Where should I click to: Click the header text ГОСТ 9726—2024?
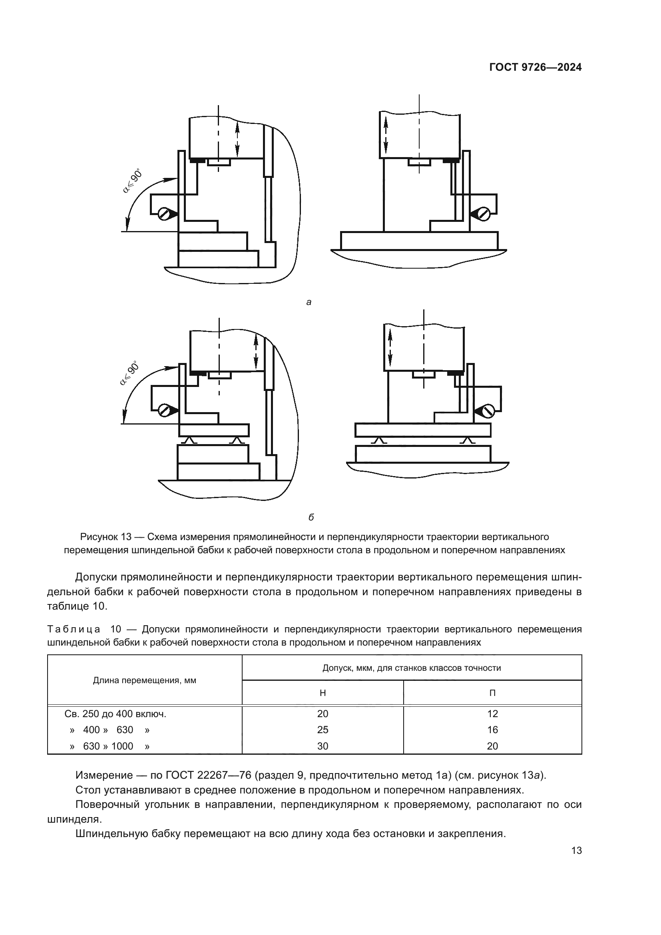535,68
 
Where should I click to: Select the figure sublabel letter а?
309,302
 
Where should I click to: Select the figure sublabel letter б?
311,518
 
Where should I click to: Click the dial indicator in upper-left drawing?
164,214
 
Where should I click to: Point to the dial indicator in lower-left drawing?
164,410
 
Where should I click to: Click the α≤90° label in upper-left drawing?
133,181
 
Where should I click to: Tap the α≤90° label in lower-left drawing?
130,373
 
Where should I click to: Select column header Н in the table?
323,693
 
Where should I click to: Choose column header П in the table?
492,693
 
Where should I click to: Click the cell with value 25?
323,730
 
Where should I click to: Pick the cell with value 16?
492,730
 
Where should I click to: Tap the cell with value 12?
492,714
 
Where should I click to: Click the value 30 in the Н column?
323,746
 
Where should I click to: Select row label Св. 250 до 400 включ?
115,714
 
